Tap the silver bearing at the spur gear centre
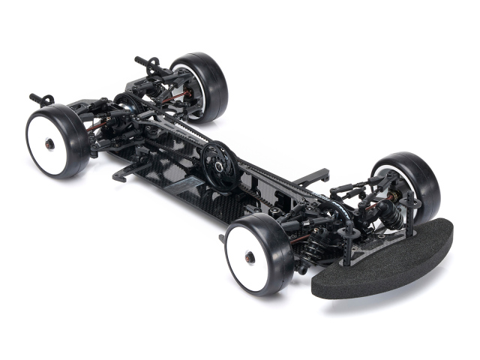pos(217,159)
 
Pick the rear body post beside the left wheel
pos(41,99)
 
